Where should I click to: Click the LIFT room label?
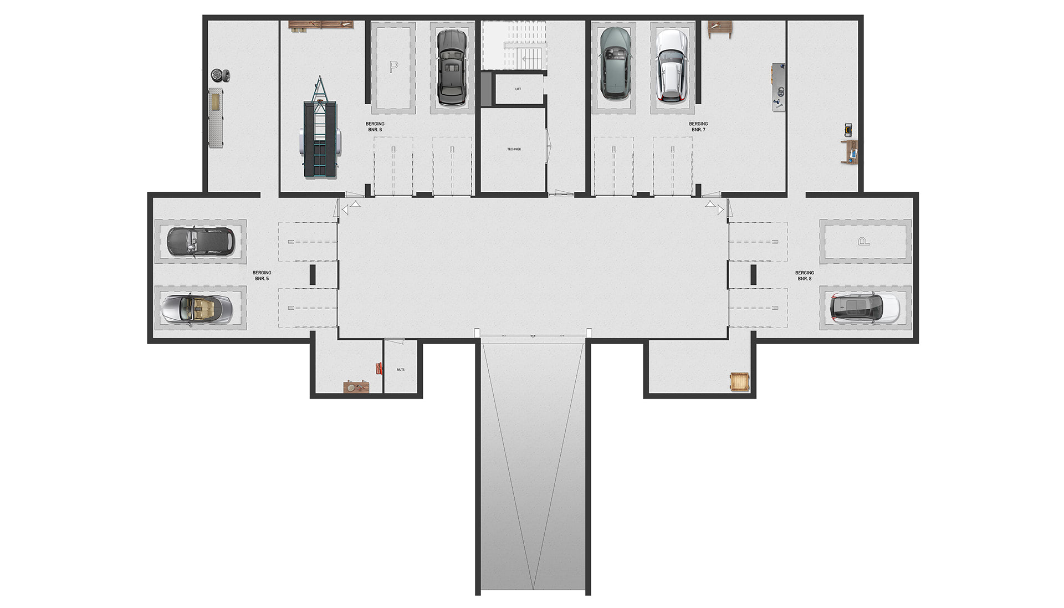point(518,89)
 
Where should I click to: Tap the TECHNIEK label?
point(514,149)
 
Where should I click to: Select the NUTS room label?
point(401,369)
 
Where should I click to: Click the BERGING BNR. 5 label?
point(262,275)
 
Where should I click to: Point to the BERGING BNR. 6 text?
point(375,127)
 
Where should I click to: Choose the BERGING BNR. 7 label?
point(698,127)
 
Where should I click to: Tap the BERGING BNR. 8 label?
point(805,275)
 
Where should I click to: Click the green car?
point(615,63)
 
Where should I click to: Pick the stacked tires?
point(220,75)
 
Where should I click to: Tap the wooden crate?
point(739,382)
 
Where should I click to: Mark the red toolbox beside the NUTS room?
point(379,368)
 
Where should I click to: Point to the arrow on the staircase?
point(531,58)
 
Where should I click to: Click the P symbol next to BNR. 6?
point(393,67)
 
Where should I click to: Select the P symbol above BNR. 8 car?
point(863,241)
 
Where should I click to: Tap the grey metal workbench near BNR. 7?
point(779,87)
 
